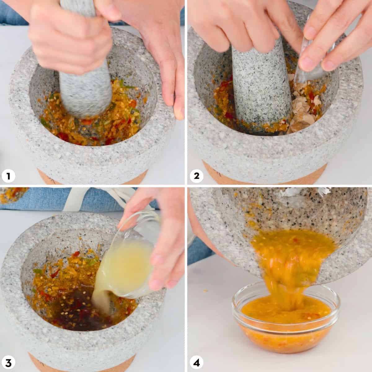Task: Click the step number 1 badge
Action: click(8, 176)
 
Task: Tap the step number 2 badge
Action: click(196, 176)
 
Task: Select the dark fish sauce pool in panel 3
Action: click(77, 307)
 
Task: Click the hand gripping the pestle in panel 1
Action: click(69, 37)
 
